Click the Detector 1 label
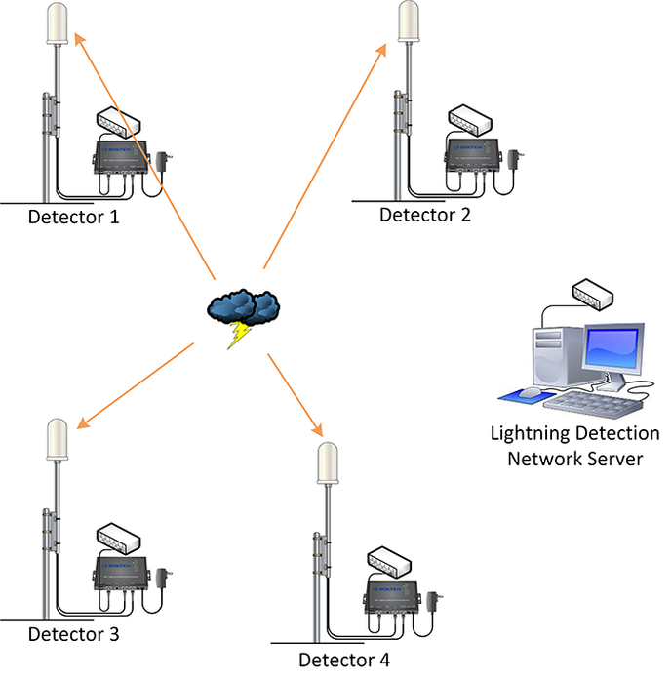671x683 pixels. point(73,217)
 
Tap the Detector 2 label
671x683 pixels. point(424,215)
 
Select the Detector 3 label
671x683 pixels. point(73,635)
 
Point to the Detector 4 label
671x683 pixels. point(344,660)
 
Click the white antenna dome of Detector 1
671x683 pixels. point(60,24)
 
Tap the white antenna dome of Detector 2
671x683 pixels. point(413,21)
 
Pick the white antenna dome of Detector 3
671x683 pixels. point(60,441)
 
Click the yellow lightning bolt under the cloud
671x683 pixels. point(237,335)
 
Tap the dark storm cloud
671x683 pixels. point(244,306)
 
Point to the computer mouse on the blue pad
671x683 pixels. point(530,392)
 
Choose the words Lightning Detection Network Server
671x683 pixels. point(574,446)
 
